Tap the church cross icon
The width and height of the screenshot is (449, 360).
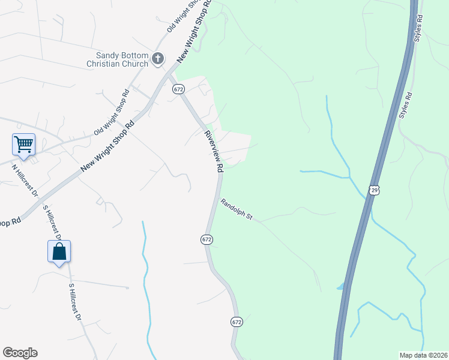[x=158, y=58]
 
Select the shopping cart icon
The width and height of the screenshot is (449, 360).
[x=23, y=144]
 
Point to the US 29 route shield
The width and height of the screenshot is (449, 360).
[x=375, y=190]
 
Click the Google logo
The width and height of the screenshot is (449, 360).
[x=20, y=353]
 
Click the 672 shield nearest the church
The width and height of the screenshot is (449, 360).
[x=178, y=89]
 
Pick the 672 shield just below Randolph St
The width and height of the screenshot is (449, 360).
[x=206, y=239]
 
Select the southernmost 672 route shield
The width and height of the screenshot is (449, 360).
[x=237, y=322]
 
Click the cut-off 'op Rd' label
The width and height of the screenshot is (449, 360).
[x=10, y=221]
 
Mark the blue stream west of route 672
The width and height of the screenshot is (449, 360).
[x=145, y=270]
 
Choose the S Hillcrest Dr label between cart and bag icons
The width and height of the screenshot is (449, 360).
[x=52, y=222]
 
